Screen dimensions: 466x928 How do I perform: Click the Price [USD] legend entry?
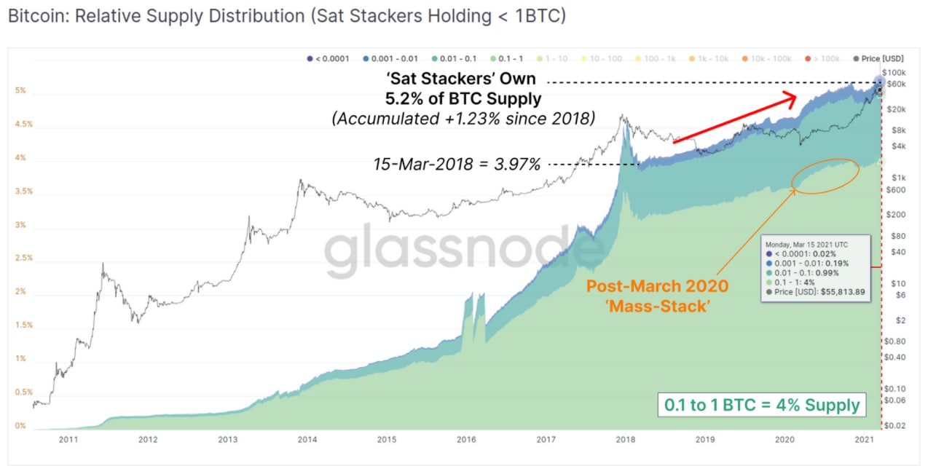coord(882,58)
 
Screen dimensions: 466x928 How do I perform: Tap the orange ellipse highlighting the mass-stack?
coord(825,175)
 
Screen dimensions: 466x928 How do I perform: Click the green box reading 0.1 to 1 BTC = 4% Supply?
coord(762,405)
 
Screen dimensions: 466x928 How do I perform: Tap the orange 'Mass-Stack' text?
coord(656,307)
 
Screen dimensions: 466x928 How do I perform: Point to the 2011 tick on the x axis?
coord(68,440)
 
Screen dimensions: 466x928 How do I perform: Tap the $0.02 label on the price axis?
coord(894,425)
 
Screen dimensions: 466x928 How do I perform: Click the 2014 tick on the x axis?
coord(307,440)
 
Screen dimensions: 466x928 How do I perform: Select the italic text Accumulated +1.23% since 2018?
coord(463,119)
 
